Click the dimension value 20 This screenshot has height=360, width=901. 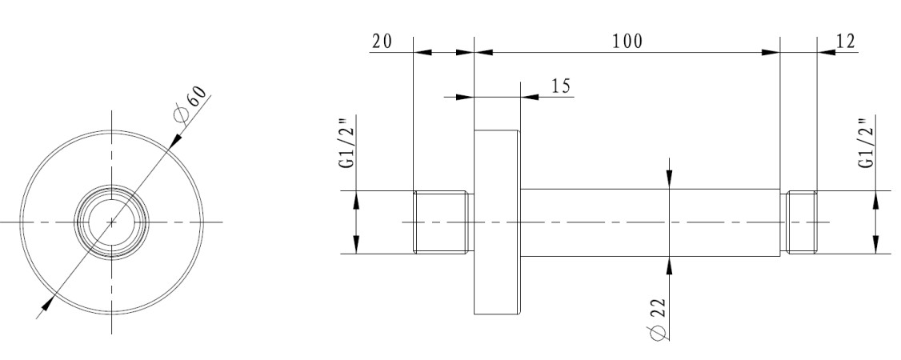pyautogui.click(x=382, y=42)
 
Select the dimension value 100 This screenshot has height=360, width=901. pyautogui.click(x=627, y=42)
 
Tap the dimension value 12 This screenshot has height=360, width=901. pyautogui.click(x=845, y=42)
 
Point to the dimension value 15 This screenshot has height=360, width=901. pyautogui.click(x=561, y=86)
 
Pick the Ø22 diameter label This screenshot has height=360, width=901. pyautogui.click(x=658, y=319)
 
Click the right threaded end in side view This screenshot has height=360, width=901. pyautogui.click(x=799, y=222)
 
